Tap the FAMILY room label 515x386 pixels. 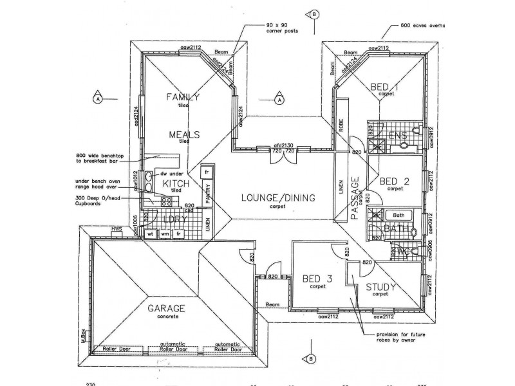click(x=183, y=97)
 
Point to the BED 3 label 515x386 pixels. click(x=317, y=279)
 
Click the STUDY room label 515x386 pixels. click(x=380, y=287)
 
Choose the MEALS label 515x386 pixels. click(x=184, y=135)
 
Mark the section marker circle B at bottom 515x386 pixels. click(x=311, y=358)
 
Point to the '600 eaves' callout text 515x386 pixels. click(x=418, y=25)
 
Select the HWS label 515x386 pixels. click(x=116, y=228)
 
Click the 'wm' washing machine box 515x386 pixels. click(x=165, y=235)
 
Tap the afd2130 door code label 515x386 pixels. click(x=283, y=146)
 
